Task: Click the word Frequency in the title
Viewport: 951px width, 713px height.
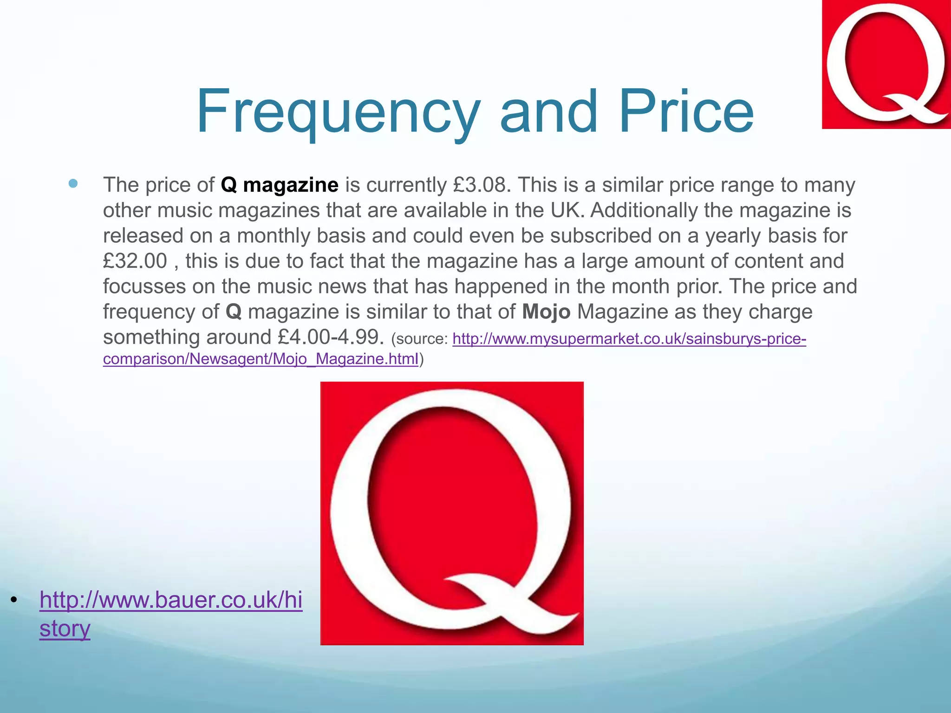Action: click(338, 111)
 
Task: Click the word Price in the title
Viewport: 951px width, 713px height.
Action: click(686, 111)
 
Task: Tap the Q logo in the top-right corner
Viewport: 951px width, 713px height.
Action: click(886, 64)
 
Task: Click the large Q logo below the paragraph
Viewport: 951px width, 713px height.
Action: click(452, 513)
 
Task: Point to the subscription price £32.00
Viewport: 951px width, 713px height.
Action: click(135, 261)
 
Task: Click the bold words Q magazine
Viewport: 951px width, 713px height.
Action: click(280, 185)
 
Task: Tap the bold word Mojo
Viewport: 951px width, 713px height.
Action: click(546, 311)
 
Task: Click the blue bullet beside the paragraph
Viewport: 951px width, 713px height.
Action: click(73, 183)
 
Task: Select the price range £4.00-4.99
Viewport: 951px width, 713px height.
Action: click(331, 337)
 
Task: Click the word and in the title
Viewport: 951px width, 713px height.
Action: click(548, 111)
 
